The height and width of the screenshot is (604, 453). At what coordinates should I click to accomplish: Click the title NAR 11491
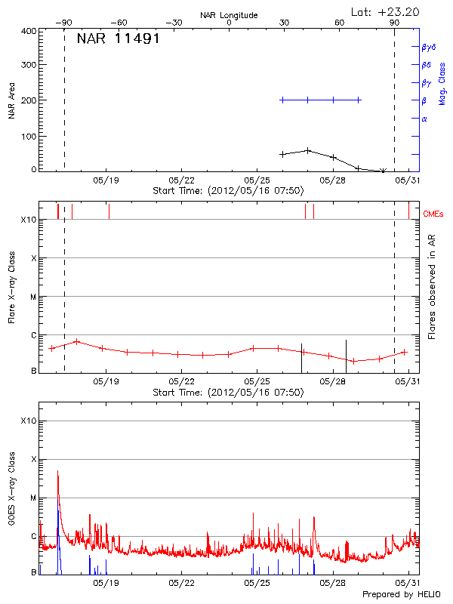118,39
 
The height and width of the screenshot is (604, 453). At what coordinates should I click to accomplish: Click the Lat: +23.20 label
386,11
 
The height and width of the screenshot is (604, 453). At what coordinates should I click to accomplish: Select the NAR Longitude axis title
229,14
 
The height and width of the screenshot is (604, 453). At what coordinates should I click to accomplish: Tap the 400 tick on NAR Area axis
29,31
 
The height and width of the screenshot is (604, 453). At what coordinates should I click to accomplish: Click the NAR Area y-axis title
11,100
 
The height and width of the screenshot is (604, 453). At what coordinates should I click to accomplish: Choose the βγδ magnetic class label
428,47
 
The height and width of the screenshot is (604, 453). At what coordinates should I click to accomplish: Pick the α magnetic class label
424,119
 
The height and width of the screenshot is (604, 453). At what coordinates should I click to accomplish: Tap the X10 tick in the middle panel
29,220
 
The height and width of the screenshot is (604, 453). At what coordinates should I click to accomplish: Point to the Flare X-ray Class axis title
11,286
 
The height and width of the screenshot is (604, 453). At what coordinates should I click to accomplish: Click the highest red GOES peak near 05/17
58,471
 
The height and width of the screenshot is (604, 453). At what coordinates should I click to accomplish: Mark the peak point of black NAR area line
308,150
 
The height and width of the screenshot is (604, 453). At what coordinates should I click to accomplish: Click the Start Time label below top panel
228,191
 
